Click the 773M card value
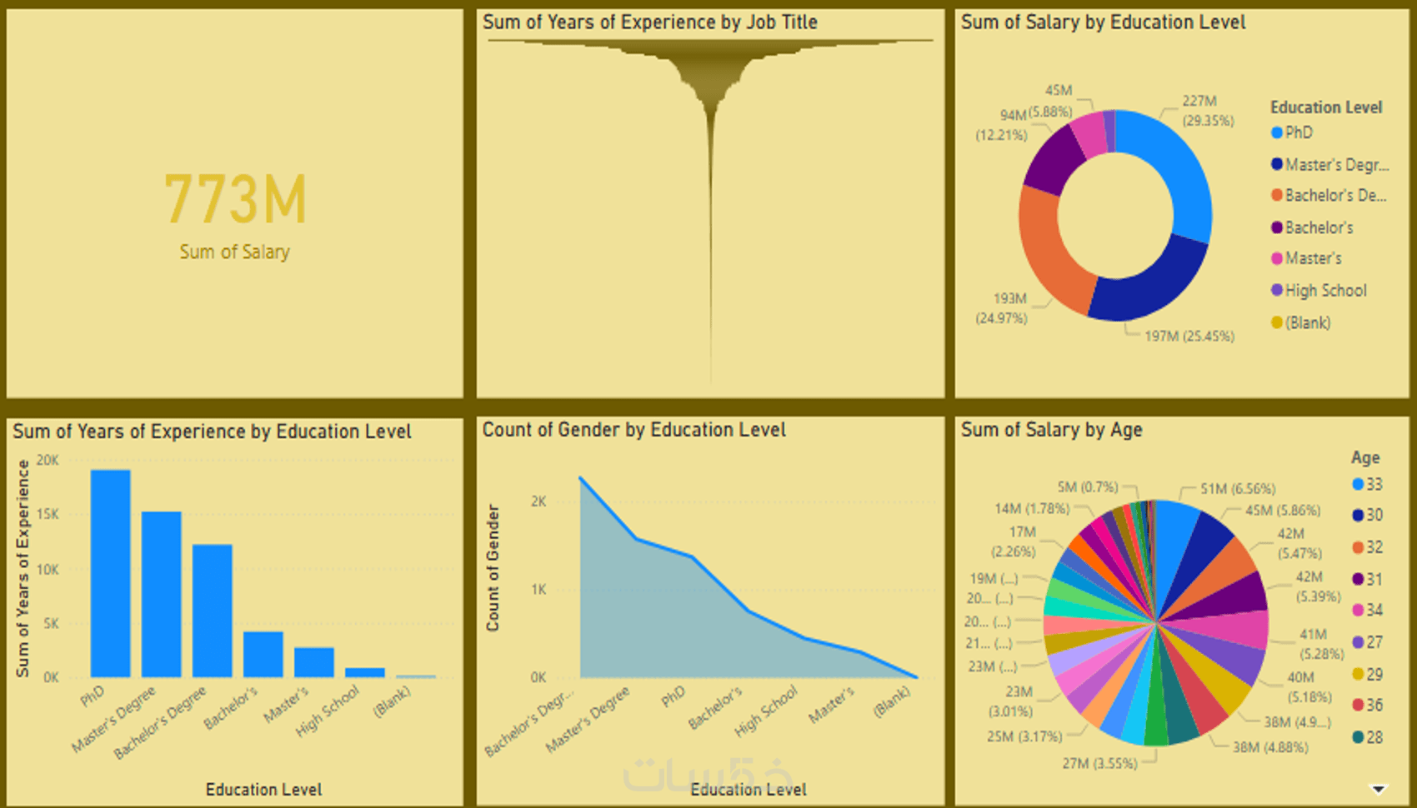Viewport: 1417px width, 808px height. click(x=236, y=200)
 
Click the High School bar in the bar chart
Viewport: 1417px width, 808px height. click(x=365, y=672)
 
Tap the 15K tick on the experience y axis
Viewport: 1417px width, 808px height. click(x=48, y=515)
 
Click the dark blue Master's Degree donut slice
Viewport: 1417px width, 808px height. click(x=1150, y=283)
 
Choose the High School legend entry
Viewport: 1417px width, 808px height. click(x=1324, y=291)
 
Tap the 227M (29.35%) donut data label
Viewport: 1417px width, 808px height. click(x=1207, y=111)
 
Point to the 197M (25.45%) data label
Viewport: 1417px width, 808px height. click(x=1189, y=337)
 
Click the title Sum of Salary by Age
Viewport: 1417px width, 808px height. click(x=1051, y=430)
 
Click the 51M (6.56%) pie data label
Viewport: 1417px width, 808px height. click(x=1237, y=489)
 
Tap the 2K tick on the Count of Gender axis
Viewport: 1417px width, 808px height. click(x=538, y=501)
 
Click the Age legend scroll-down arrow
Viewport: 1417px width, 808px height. click(x=1379, y=789)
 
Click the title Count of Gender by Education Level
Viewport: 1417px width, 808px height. click(x=633, y=430)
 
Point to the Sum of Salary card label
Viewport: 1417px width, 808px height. click(x=234, y=252)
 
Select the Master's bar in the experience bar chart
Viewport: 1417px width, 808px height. click(x=314, y=662)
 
